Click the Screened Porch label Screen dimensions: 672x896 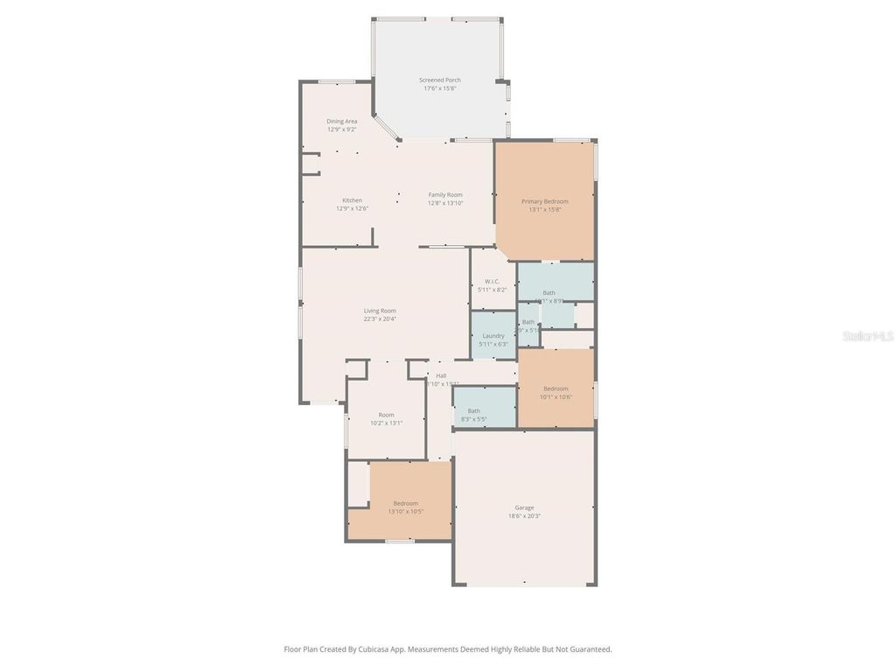click(441, 80)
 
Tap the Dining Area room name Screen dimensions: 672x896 click(342, 121)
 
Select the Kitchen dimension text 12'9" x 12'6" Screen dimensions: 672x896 click(352, 208)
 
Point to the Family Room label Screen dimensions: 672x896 click(445, 194)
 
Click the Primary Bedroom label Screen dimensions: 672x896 click(544, 201)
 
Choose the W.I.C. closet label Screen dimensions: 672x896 click(492, 281)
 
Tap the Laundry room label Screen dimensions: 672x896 click(493, 335)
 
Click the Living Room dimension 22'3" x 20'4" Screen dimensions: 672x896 click(381, 318)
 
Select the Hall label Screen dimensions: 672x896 click(441, 375)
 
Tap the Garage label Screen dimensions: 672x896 click(524, 507)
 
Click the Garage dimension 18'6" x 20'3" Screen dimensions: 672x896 click(524, 516)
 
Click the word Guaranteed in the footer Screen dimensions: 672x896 click(591, 649)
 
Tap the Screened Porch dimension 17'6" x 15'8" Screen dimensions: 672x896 click(441, 88)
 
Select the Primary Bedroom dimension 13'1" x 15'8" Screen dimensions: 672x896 click(544, 210)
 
